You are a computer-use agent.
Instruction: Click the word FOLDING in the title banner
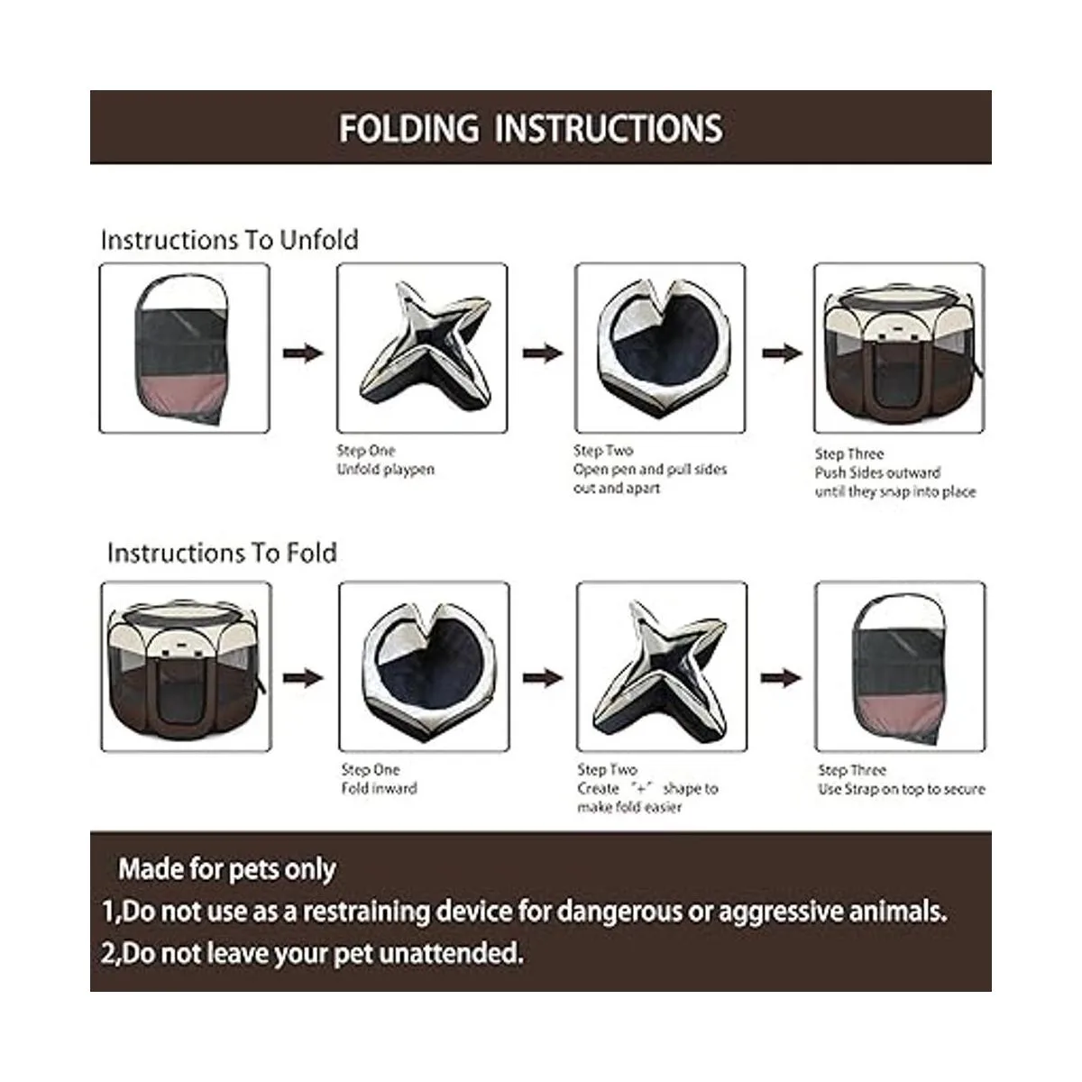tap(408, 129)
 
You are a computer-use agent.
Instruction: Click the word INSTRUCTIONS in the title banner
tap(609, 129)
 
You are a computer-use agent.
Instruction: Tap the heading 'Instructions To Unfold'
tap(230, 240)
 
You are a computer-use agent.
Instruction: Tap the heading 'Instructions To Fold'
tap(222, 553)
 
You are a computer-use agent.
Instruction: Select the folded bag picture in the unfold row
tap(184, 348)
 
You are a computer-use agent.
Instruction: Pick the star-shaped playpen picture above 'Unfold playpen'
tap(422, 348)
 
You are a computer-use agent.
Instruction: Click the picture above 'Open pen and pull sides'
tap(660, 348)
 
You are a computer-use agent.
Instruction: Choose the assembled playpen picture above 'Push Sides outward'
tap(899, 348)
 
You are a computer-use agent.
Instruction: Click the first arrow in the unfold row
tap(303, 353)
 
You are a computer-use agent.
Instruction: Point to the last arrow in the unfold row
tap(782, 353)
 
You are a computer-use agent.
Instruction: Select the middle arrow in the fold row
tap(543, 678)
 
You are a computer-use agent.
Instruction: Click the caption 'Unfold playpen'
tap(386, 470)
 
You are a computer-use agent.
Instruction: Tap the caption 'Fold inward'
tap(379, 788)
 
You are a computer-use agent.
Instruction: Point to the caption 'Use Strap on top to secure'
tap(901, 789)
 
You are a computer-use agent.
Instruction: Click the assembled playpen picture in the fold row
tap(187, 666)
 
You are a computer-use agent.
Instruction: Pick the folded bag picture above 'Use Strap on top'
tap(900, 666)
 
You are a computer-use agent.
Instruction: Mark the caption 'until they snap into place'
tap(895, 492)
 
